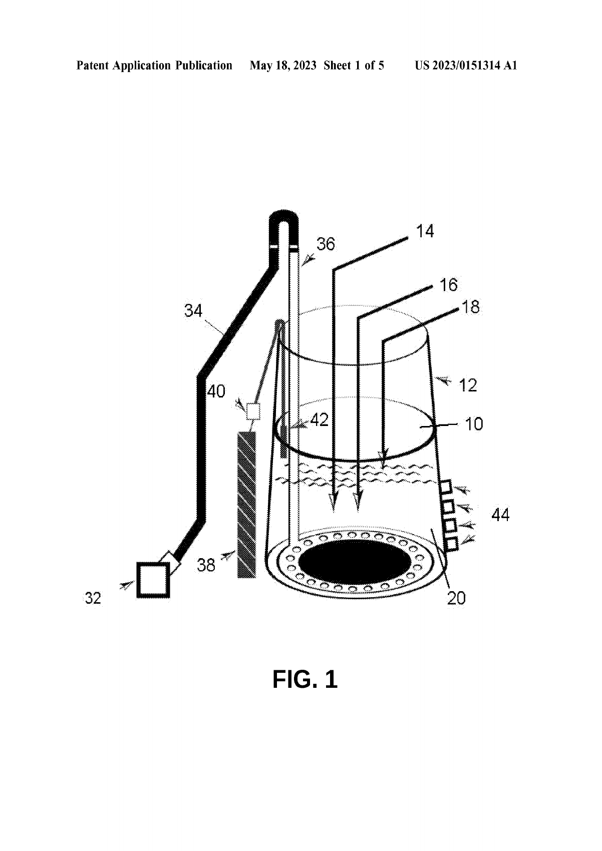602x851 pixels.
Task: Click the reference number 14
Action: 425,231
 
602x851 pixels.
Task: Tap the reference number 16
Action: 448,285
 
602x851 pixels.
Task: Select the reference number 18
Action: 470,307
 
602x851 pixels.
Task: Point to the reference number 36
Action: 326,244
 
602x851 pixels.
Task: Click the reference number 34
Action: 193,311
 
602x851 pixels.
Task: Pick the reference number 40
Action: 216,391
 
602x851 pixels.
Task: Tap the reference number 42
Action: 319,420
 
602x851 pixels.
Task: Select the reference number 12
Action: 468,385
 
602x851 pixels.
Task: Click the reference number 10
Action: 474,424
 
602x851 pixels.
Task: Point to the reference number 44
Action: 500,515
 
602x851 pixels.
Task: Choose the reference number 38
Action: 206,565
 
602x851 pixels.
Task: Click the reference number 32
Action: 93,598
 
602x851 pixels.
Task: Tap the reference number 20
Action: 456,598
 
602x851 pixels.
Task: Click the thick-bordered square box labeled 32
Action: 153,580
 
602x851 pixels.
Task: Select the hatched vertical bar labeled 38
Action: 246,505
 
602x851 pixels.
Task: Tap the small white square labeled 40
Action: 253,412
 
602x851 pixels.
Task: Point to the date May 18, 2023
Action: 283,66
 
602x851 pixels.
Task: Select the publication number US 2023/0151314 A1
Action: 466,66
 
